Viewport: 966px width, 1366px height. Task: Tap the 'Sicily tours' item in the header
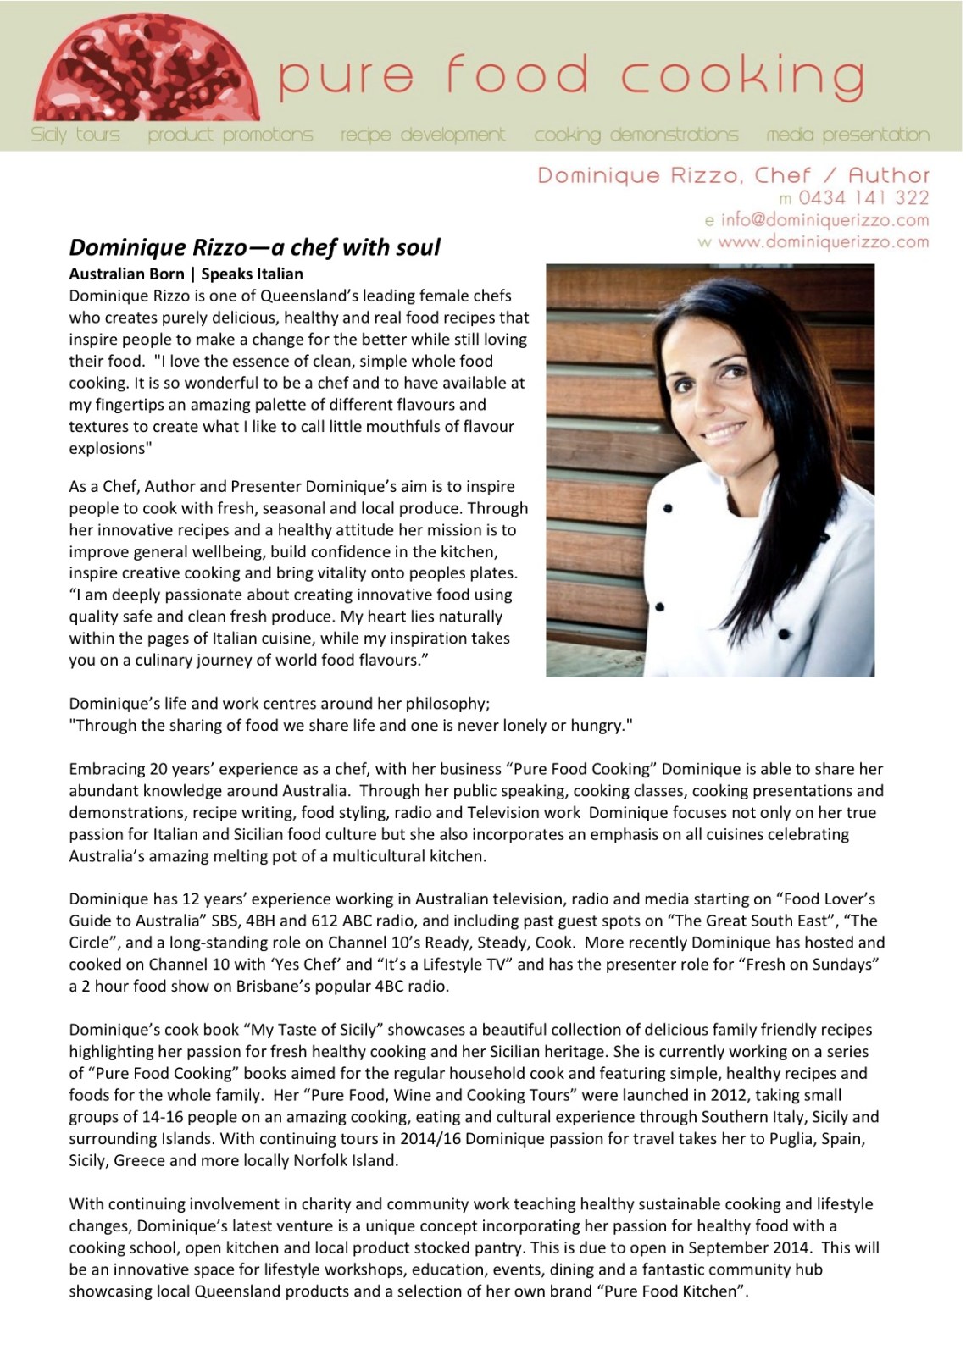75,135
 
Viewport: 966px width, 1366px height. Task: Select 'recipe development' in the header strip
423,135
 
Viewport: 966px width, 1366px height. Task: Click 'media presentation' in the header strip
847,135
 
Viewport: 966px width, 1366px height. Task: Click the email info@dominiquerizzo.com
824,220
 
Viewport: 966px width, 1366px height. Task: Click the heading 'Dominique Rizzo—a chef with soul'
254,247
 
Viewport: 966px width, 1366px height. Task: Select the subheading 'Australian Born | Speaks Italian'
186,274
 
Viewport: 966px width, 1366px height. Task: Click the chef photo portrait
710,470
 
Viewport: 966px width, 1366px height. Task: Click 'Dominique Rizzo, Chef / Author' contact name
734,175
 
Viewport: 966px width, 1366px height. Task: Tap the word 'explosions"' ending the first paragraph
109,449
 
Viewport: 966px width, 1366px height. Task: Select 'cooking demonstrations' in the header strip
636,135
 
